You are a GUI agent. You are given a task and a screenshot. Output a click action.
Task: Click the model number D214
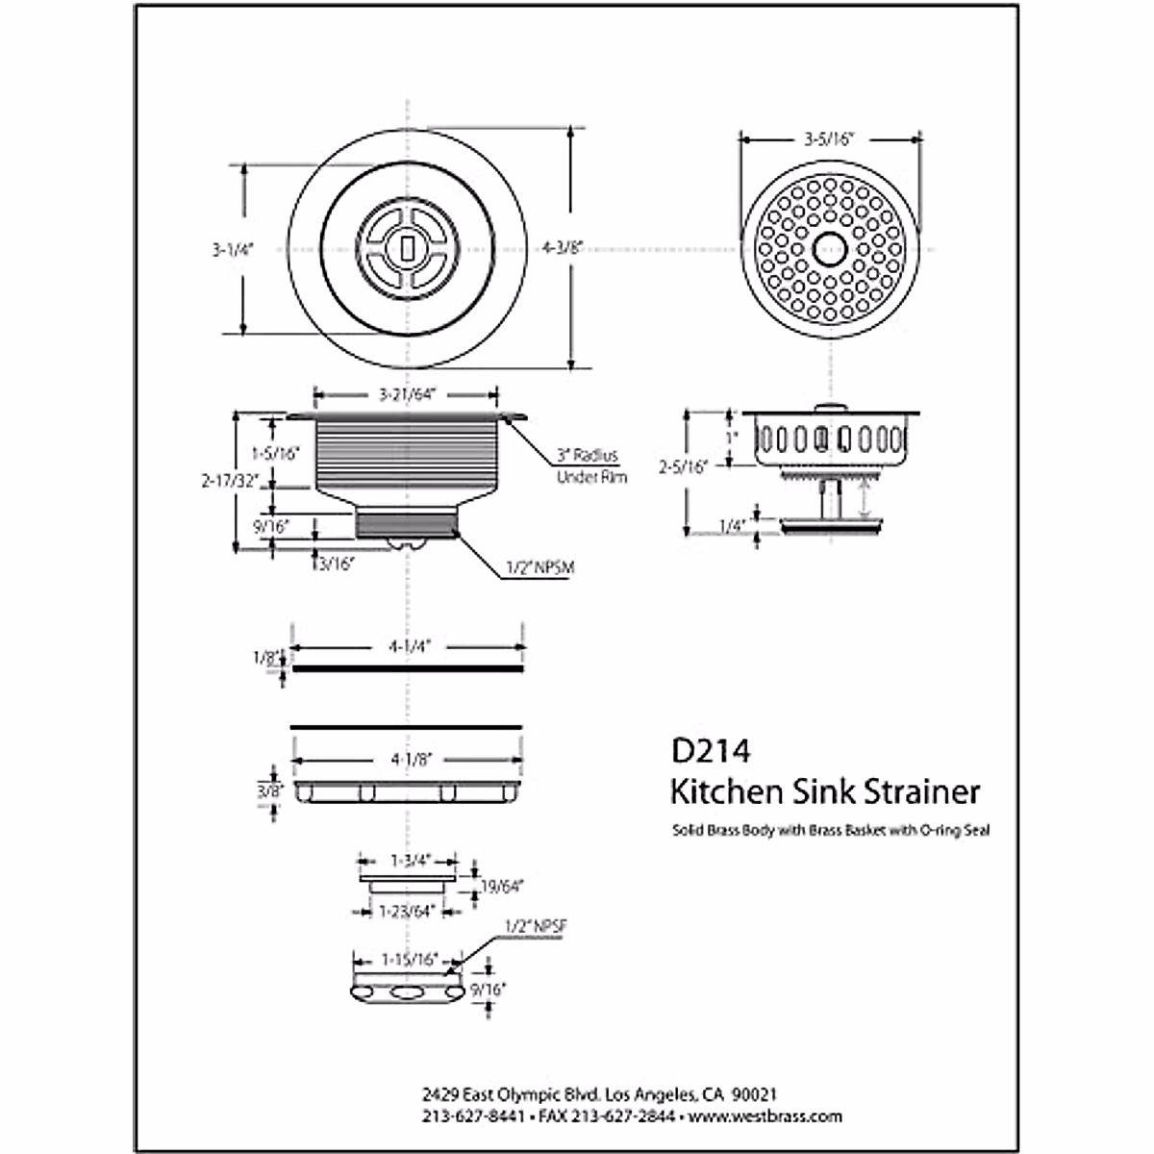tap(711, 750)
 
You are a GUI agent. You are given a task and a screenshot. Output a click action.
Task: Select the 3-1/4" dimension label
tap(231, 249)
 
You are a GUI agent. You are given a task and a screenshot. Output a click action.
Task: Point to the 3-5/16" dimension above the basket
tap(829, 138)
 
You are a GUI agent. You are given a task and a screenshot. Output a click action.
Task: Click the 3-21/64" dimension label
tap(408, 393)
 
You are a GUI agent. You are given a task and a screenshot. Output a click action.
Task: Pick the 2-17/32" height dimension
tap(231, 482)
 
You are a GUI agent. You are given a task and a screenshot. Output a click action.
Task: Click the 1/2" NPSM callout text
tap(539, 567)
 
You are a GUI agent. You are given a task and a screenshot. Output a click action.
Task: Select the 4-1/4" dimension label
tap(408, 647)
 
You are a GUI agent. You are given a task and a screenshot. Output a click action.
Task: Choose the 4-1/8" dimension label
tap(409, 759)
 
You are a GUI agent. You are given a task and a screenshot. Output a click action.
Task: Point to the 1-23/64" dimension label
tap(408, 910)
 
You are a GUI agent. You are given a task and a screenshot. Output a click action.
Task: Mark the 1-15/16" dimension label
tap(409, 959)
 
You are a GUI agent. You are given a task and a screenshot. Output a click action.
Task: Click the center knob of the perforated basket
tap(829, 248)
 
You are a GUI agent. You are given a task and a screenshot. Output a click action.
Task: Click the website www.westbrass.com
tap(765, 1116)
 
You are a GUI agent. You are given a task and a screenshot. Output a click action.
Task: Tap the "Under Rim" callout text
tap(592, 476)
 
